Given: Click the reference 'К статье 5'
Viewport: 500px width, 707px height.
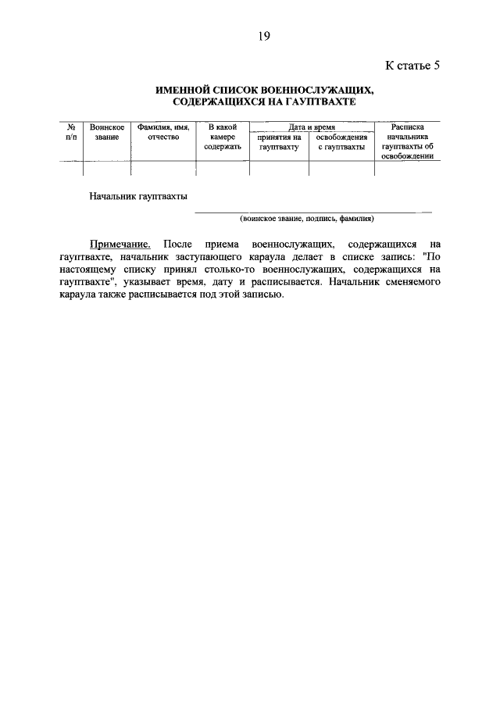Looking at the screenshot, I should [413, 65].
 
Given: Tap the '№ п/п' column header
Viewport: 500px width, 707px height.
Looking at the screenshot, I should [70, 131].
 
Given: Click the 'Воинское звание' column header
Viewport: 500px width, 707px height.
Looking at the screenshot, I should [107, 131].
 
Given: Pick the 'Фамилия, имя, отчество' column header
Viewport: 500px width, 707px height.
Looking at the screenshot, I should [163, 131].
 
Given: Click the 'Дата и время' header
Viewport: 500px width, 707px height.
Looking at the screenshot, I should [311, 126].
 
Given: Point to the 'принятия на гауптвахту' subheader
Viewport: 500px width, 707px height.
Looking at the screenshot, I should [279, 141].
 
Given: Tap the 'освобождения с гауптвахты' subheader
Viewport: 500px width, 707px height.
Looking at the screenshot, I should [341, 141].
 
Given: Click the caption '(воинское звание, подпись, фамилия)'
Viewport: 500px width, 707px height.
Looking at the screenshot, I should [307, 218].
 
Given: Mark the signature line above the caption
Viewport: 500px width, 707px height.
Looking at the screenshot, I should [312, 212].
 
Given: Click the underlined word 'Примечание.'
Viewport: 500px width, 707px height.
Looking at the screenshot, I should [120, 245].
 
